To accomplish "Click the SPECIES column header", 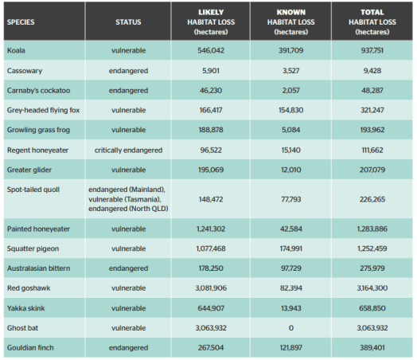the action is click(x=21, y=22).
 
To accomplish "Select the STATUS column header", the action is click(x=128, y=22).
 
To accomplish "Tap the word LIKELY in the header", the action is click(x=211, y=12).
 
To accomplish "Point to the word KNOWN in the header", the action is click(x=291, y=12).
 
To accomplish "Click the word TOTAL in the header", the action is click(x=372, y=12).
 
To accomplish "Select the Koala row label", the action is click(x=16, y=50).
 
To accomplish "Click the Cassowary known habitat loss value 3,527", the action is click(x=291, y=71).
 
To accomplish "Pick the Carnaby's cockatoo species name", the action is click(x=38, y=91).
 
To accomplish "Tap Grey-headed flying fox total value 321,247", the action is click(x=372, y=110).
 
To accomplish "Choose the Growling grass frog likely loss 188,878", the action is click(x=211, y=130).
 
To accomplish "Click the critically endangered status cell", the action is click(x=128, y=150).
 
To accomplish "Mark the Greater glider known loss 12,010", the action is click(x=291, y=170).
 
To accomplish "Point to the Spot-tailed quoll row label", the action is click(x=33, y=190).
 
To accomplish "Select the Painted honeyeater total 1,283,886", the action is click(x=372, y=229).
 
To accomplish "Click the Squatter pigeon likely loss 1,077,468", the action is click(x=211, y=248).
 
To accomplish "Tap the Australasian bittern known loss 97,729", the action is click(x=291, y=268).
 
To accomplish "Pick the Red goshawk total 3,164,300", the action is click(x=372, y=288).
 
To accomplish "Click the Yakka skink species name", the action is click(x=25, y=308).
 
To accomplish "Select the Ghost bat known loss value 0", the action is click(x=291, y=328).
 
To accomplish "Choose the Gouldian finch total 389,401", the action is click(x=372, y=347).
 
